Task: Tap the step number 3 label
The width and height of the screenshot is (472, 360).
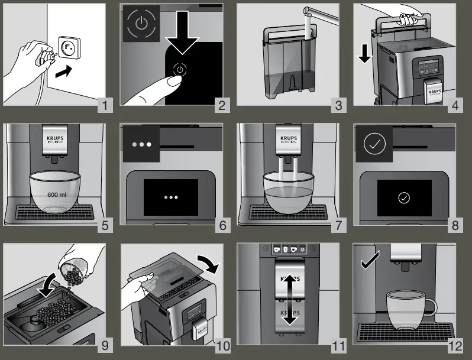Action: (x=338, y=106)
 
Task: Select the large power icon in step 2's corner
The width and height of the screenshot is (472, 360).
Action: (x=140, y=24)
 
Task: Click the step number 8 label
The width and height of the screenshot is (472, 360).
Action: (x=454, y=225)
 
